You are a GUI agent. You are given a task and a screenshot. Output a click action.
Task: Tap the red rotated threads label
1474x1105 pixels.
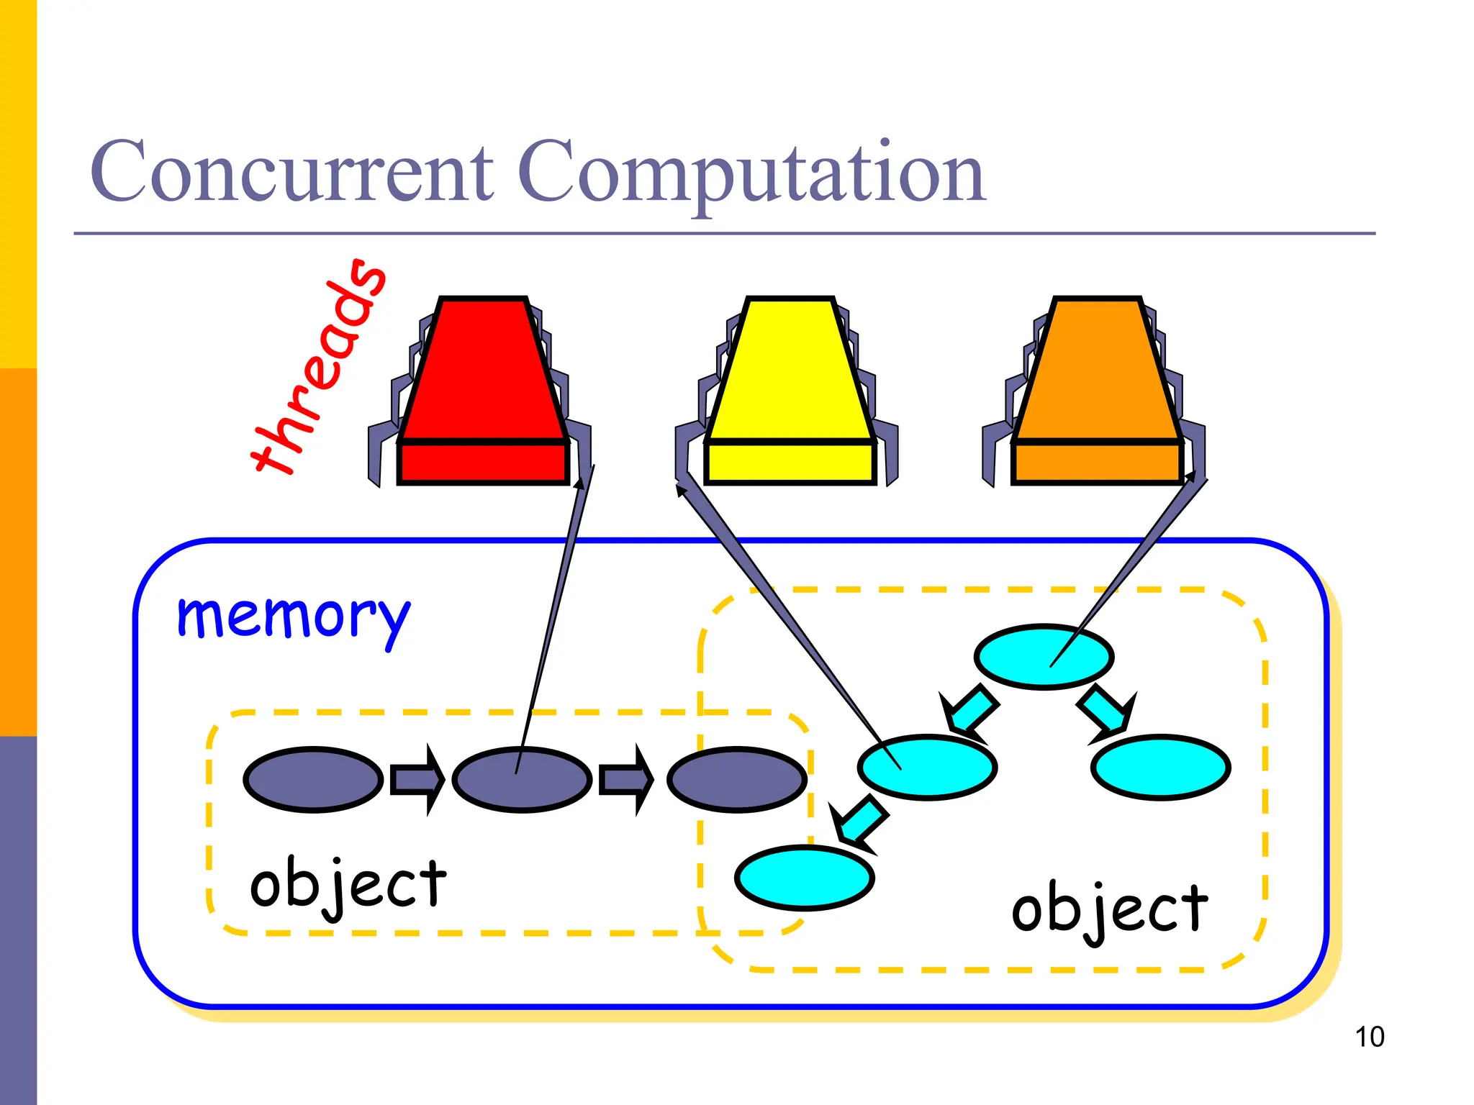coord(317,367)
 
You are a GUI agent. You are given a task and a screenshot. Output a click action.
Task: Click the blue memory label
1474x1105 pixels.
coord(294,617)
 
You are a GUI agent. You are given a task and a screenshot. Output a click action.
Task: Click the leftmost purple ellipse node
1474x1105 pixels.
coord(313,780)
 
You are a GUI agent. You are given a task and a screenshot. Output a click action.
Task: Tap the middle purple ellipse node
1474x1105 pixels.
coord(522,780)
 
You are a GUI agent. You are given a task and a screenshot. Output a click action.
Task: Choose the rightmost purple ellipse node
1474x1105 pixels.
coord(737,780)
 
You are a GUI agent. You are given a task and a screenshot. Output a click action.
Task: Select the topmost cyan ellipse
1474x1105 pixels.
coord(1044,657)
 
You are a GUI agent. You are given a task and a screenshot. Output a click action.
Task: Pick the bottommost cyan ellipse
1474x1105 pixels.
coord(805,878)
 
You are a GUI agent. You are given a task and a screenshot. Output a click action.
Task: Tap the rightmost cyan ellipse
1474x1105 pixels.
coord(1160,767)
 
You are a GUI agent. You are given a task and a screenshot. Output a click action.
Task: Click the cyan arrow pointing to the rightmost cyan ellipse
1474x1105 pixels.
coord(1107,713)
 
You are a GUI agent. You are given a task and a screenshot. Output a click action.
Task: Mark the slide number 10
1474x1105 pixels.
coord(1369,1037)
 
